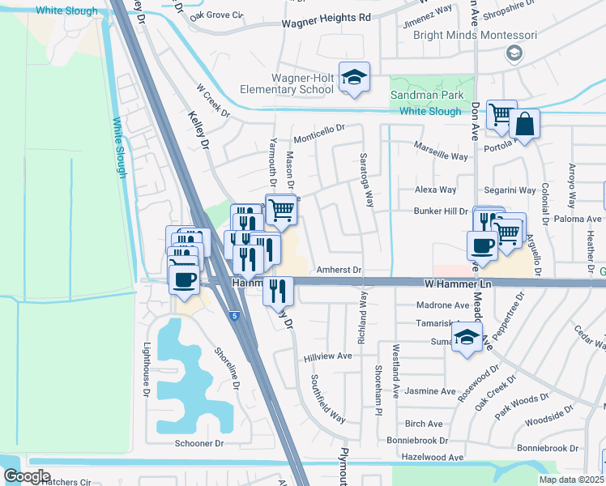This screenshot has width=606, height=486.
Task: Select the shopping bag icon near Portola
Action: (x=525, y=125)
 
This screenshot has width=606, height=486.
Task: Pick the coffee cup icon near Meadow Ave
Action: (x=483, y=245)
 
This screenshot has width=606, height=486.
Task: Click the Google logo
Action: (x=27, y=476)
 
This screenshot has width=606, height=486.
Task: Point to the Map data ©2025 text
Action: (x=570, y=480)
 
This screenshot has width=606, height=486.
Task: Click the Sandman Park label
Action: (x=425, y=95)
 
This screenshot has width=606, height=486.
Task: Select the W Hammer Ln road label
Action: (x=459, y=284)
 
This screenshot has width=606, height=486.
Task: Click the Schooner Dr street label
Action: (x=198, y=443)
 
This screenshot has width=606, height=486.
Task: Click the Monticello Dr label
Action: (x=319, y=130)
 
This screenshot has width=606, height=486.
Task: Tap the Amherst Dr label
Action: (x=339, y=270)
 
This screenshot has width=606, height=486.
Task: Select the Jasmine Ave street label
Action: (x=430, y=390)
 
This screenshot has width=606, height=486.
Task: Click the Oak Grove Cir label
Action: (x=216, y=15)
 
